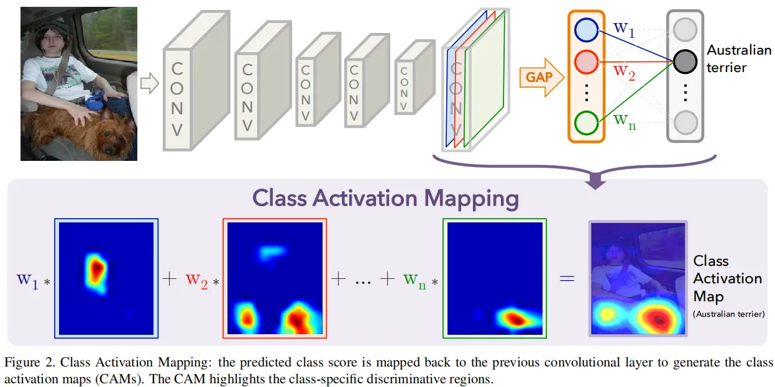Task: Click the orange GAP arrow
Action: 540,78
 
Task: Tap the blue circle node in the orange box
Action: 585,29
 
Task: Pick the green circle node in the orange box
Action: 585,122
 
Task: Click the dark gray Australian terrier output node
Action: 685,60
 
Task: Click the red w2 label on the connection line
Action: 625,71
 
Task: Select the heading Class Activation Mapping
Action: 386,198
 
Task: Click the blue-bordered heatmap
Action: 106,278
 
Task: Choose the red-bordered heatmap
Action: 275,278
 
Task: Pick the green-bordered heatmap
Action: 495,278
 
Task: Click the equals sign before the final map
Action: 567,279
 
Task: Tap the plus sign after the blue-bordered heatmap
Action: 169,279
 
